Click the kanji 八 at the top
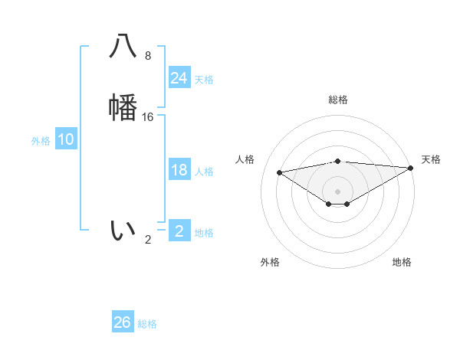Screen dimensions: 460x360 pos(123,47)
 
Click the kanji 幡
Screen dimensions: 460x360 pos(123,106)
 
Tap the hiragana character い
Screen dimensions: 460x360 pos(123,230)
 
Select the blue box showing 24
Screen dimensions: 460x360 pos(179,78)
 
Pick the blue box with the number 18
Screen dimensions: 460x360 pos(179,170)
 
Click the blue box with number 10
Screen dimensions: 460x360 pos(65,139)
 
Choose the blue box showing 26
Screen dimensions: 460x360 pos(123,322)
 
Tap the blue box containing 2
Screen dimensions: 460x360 pos(179,231)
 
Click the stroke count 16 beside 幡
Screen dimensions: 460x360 pos(148,116)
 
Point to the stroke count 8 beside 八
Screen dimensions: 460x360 pos(148,56)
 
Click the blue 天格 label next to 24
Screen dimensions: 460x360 pos(204,80)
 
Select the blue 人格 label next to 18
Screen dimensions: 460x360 pos(204,172)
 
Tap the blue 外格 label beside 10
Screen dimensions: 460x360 pos(41,141)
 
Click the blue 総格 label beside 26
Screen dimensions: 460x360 pos(147,324)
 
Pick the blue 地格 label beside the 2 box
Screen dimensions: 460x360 pos(204,233)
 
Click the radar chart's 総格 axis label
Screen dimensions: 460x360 pos(338,100)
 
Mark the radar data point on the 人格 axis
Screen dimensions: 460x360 pos(279,172)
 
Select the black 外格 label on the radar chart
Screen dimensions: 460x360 pos(270,262)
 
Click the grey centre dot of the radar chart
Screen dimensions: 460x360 pos(338,191)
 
